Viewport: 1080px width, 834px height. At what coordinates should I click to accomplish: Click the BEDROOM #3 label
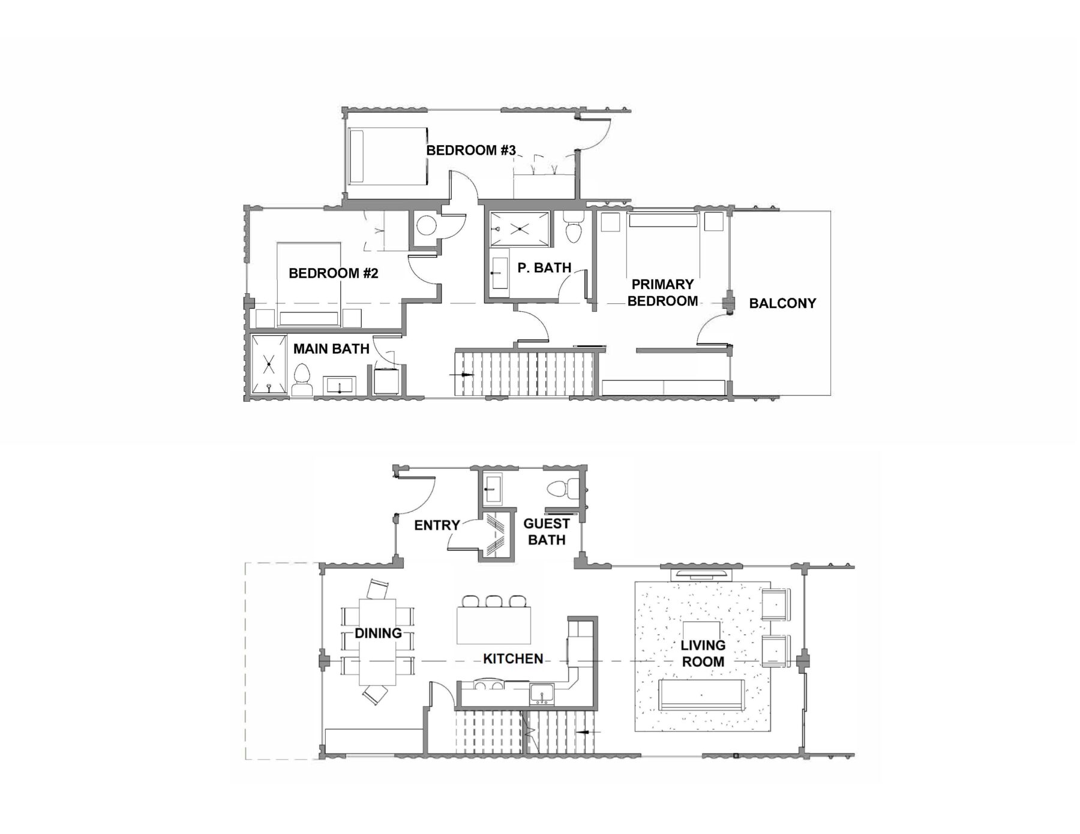click(471, 150)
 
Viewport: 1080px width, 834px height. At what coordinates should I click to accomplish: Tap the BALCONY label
click(782, 303)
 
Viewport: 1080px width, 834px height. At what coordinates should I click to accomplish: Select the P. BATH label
click(544, 267)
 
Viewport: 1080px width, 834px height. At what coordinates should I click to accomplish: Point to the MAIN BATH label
click(331, 348)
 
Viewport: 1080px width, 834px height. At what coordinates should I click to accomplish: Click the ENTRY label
click(437, 525)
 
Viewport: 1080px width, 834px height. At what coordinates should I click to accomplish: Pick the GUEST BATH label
click(547, 532)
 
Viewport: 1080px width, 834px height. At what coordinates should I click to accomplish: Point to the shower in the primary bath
click(520, 228)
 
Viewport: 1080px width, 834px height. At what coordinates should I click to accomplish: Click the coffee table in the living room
click(703, 633)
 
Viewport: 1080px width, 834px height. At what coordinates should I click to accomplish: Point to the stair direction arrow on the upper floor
click(462, 374)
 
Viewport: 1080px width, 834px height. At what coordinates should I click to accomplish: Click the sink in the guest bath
click(494, 488)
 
